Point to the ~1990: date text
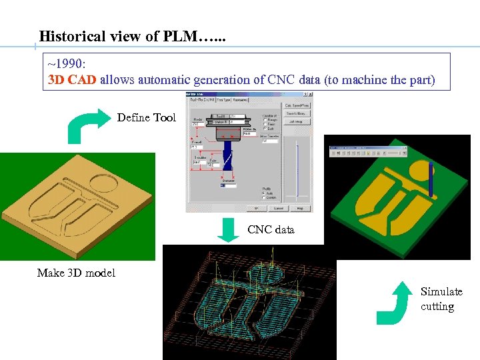[67, 64]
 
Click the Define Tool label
[147, 118]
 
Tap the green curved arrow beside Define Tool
[89, 126]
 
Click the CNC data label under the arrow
[271, 230]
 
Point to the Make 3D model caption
[76, 273]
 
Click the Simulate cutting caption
[441, 299]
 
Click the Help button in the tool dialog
[299, 208]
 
